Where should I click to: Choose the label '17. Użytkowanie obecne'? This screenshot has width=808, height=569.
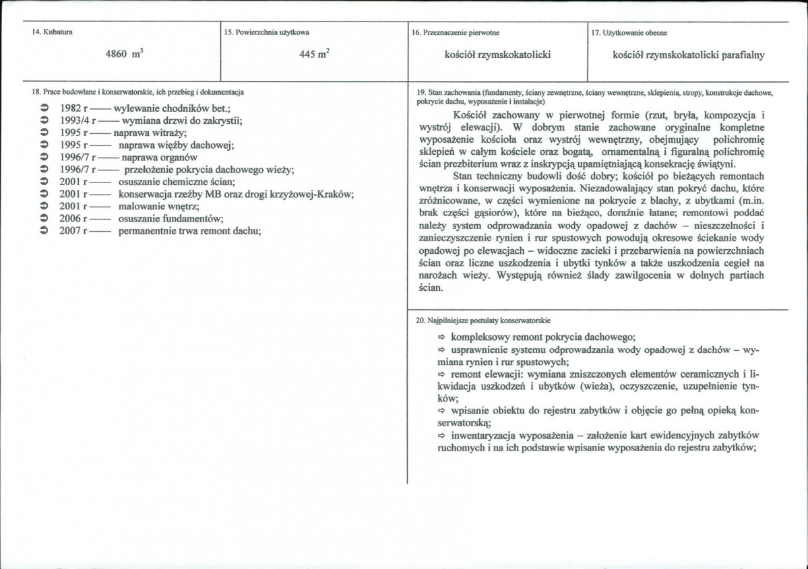click(x=629, y=32)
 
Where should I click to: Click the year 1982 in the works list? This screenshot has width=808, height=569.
click(x=71, y=108)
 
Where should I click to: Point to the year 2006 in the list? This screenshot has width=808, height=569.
click(x=71, y=218)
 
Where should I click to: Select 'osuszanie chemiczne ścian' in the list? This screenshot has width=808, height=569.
click(x=176, y=181)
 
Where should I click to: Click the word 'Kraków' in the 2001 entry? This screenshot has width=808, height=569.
click(x=337, y=194)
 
